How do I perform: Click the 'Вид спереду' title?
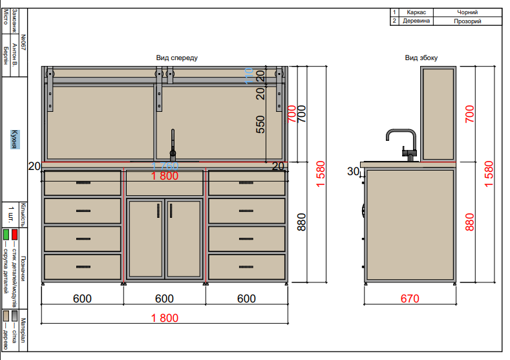(176, 58)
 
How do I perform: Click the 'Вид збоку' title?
(421, 58)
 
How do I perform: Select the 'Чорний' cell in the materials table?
(467, 12)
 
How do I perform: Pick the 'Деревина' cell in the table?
(416, 21)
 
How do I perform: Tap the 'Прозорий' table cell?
(467, 21)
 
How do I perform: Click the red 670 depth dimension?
(410, 299)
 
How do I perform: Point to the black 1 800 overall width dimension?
(165, 317)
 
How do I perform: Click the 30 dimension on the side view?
(353, 171)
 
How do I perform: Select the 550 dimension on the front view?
(260, 124)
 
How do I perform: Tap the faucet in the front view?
(173, 145)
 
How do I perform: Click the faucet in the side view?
(401, 143)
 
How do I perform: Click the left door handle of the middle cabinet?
(159, 211)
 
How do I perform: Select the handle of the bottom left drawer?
(83, 266)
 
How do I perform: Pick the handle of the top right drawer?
(246, 183)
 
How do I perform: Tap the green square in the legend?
(6, 233)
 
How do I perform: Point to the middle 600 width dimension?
(165, 299)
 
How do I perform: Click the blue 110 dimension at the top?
(248, 76)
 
